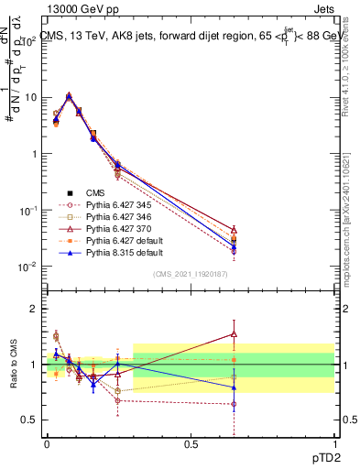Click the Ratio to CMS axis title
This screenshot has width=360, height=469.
[x=12, y=365]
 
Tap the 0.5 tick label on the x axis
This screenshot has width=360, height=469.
[x=191, y=442]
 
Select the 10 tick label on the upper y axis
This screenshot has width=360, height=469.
[x=31, y=97]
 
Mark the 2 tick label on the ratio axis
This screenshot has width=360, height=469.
[x=35, y=309]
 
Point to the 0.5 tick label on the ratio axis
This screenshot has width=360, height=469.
[x=31, y=420]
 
